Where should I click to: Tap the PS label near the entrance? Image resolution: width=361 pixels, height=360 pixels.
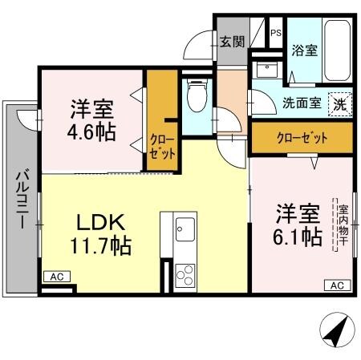tap(275, 33)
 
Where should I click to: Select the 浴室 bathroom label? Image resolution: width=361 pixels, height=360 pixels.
tap(304, 50)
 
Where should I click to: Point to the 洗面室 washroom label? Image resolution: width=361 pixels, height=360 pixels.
tap(302, 103)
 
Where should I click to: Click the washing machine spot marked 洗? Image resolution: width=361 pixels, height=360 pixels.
tap(341, 103)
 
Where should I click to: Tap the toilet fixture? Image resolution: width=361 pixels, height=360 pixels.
tap(195, 98)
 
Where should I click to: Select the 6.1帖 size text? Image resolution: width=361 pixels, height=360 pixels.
tap(298, 237)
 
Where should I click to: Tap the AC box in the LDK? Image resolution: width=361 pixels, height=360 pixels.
tap(56, 276)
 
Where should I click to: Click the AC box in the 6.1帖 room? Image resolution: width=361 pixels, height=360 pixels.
tap(337, 285)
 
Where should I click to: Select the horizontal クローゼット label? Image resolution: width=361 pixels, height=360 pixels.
tap(302, 136)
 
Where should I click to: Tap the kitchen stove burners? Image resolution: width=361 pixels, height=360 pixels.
tap(185, 274)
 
